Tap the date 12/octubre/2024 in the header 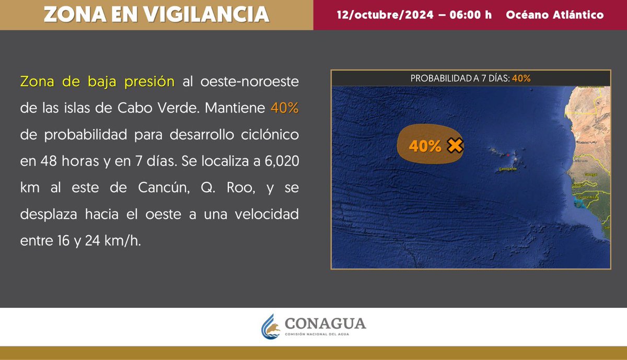coord(385,15)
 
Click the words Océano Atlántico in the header coord(555,15)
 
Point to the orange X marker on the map coord(456,146)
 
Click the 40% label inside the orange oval coord(425,147)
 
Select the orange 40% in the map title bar coord(521,78)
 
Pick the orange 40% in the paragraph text coord(284,109)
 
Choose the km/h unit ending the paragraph coord(125,241)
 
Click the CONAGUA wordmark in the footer coord(325,323)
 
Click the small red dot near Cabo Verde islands coord(508,155)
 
